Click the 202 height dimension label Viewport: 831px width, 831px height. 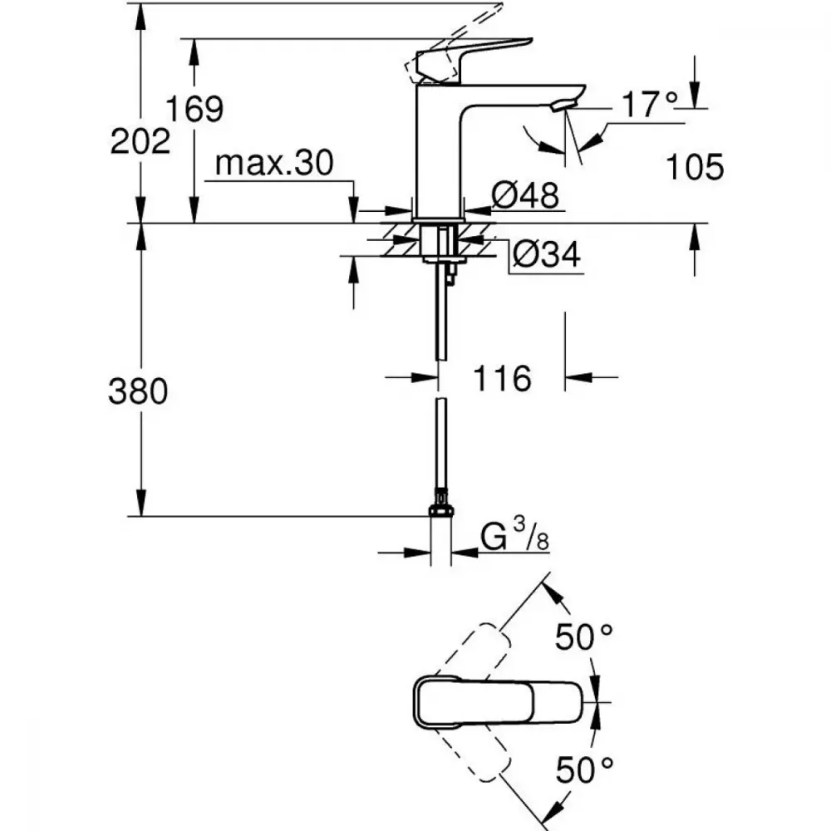click(140, 141)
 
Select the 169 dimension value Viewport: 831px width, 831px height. click(194, 109)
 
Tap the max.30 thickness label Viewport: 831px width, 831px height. click(274, 163)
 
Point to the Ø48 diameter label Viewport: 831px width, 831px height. click(525, 194)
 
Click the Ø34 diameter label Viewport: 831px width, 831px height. click(547, 253)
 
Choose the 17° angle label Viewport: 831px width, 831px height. click(650, 105)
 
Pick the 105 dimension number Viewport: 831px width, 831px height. click(694, 167)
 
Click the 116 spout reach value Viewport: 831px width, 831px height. click(502, 378)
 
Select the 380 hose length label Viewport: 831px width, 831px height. click(138, 391)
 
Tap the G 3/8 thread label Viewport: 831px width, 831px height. click(514, 535)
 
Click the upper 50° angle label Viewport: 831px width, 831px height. click(584, 637)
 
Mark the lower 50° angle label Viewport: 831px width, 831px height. click(584, 770)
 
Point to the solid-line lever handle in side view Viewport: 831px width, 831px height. click(472, 61)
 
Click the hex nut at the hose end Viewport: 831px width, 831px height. click(441, 511)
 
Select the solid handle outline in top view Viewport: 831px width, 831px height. click(497, 702)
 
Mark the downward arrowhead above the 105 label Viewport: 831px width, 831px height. click(695, 95)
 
